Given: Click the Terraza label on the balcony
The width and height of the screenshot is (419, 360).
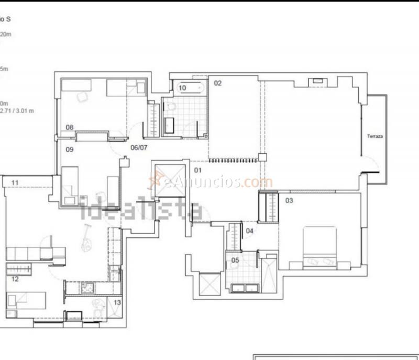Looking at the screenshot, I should click(374, 136).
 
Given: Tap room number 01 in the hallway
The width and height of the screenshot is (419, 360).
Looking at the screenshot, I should click(199, 170).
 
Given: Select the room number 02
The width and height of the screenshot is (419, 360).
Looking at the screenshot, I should click(218, 83).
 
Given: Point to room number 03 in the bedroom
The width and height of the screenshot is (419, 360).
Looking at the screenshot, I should click(289, 201).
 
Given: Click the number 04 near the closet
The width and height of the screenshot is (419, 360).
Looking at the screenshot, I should click(250, 231).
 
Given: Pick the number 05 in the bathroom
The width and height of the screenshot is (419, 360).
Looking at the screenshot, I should click(235, 260).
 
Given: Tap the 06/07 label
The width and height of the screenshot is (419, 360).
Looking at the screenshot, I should click(139, 148).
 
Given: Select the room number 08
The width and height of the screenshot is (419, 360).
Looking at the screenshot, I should click(69, 127).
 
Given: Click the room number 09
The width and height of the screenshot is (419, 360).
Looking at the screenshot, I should click(69, 149).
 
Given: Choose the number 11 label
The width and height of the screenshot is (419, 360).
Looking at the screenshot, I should click(15, 182).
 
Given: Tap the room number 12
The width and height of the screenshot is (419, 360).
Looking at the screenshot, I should click(15, 279).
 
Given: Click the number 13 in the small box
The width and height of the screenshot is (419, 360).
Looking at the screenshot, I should click(117, 303).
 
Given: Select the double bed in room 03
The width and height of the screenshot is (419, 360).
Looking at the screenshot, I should click(319, 247).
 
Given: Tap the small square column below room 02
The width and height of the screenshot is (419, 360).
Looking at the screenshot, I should click(262, 157).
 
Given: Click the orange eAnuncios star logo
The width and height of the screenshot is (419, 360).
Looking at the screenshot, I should click(155, 181).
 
